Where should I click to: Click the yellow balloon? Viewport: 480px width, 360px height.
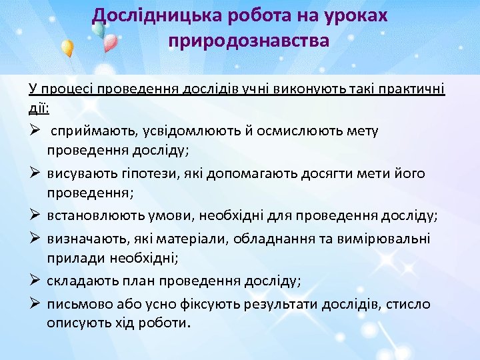(67, 48)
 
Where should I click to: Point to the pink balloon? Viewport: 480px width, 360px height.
(111, 43)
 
